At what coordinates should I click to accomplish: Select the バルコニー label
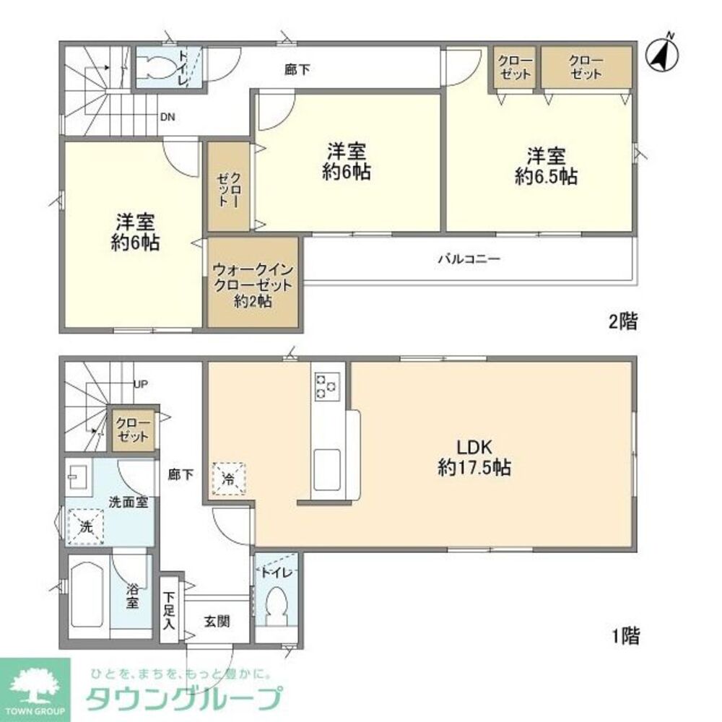468,258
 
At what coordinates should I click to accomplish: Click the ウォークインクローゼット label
253,285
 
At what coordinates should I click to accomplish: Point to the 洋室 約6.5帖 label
545,166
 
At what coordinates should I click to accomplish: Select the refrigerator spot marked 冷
228,477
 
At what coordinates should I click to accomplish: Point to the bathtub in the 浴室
88,594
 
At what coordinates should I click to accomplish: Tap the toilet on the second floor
157,68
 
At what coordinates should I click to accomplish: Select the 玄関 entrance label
216,621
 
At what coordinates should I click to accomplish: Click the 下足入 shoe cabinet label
168,612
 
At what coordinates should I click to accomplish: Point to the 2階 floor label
622,322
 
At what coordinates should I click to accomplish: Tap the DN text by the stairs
167,116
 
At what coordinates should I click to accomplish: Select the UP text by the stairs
140,384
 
